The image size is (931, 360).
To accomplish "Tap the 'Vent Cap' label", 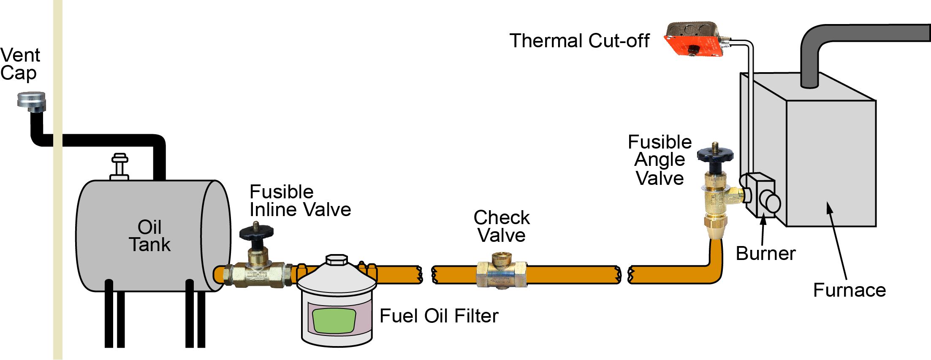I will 19,64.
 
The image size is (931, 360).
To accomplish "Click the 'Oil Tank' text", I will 149,236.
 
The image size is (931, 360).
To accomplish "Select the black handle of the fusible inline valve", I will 256,233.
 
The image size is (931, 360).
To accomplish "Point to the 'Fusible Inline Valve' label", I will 300,201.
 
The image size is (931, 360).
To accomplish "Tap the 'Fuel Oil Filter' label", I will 439,316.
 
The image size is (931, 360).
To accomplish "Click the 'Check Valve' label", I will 501,226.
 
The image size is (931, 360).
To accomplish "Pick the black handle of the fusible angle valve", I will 715,154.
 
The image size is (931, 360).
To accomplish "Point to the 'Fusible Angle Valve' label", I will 660,160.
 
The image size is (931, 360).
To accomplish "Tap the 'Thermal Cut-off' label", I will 579,41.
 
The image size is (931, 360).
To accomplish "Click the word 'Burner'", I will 765,254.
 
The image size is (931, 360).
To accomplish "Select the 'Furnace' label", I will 850,290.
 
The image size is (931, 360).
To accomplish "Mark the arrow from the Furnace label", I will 838,241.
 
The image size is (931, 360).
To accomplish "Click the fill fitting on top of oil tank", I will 119,166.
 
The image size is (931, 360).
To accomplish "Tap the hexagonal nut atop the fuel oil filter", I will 337,260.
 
